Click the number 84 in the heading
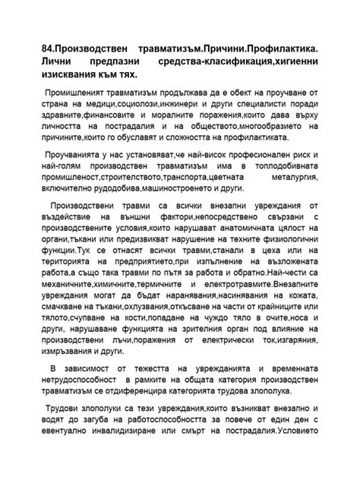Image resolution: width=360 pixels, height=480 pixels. (49, 49)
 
